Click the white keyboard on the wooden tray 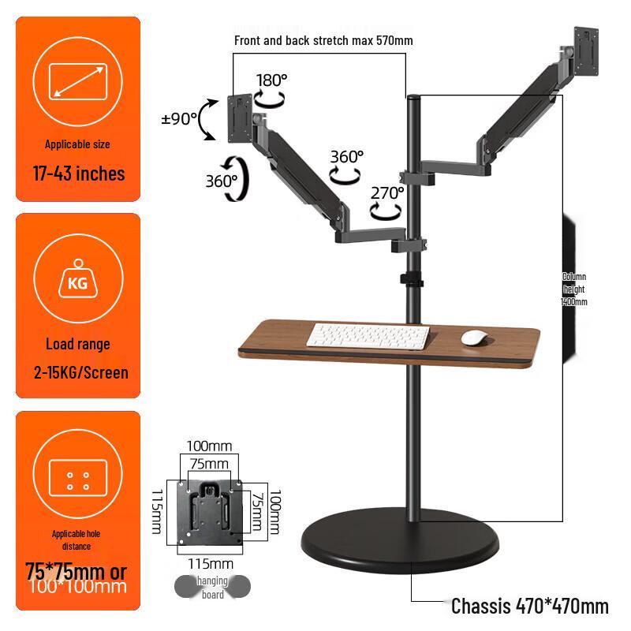[x=368, y=336]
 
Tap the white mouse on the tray [x=473, y=338]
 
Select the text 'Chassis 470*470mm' [x=529, y=606]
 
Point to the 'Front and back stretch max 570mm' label [x=323, y=40]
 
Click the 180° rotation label [x=272, y=80]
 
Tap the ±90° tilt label [x=179, y=118]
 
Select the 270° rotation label [x=387, y=192]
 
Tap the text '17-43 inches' [x=78, y=174]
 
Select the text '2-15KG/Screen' [x=80, y=372]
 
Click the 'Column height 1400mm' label [x=574, y=289]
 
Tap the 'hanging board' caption [x=212, y=588]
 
